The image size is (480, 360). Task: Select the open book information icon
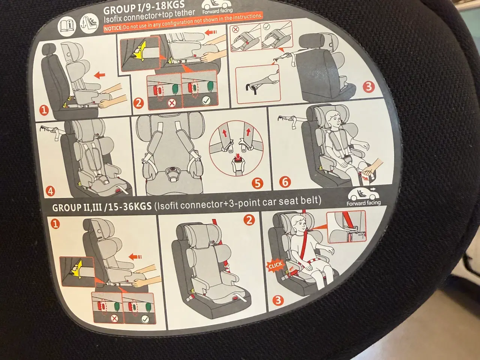(67, 25)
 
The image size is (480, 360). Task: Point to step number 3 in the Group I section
(368, 87)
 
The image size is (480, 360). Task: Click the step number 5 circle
(257, 183)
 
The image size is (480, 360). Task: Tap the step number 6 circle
(285, 182)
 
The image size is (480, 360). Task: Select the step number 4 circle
(50, 191)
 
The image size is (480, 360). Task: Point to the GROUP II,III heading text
(102, 207)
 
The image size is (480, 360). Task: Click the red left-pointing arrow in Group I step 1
(99, 75)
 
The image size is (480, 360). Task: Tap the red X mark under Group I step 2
(172, 103)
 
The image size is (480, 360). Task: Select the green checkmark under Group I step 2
(206, 100)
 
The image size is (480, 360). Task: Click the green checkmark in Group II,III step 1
(145, 319)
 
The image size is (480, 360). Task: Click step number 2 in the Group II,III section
(249, 220)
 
